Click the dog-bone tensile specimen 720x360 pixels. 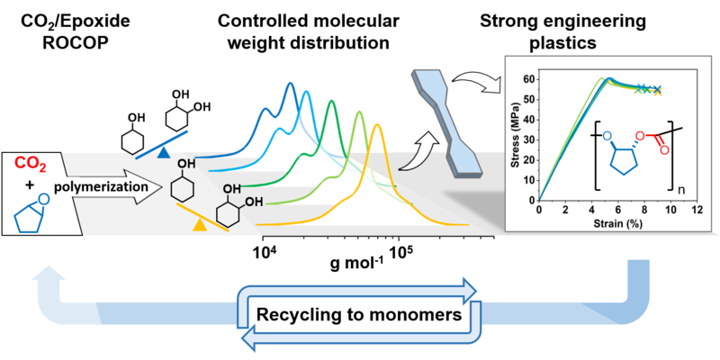coord(450,126)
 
